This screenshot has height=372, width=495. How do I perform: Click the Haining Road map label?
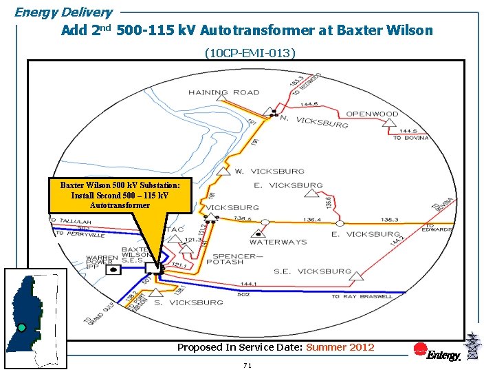click(223, 92)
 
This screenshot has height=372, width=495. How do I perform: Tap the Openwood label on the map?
click(372, 114)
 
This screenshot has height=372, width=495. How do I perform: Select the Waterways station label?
click(278, 242)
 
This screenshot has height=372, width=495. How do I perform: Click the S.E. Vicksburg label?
click(312, 271)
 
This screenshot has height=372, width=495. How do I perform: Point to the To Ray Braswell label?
click(362, 296)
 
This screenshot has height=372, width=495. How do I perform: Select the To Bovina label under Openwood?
click(410, 138)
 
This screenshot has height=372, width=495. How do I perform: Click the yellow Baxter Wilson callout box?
click(120, 195)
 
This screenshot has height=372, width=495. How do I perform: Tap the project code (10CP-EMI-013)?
click(250, 52)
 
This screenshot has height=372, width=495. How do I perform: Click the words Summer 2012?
click(340, 347)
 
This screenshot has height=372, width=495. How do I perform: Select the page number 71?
click(247, 365)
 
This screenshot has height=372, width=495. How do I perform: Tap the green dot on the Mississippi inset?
click(22, 327)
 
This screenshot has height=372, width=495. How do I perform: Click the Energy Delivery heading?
click(63, 12)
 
